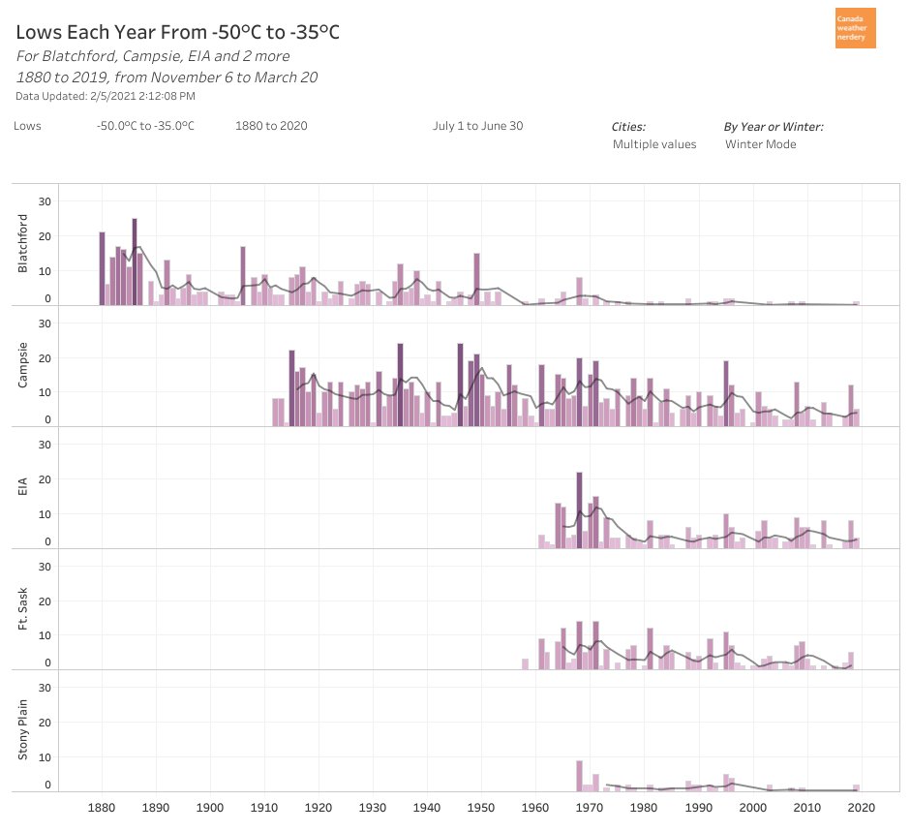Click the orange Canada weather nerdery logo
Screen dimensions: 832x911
pos(855,28)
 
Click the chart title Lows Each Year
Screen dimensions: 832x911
pos(177,33)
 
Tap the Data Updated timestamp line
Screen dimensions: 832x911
pos(106,96)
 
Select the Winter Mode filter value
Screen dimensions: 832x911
pos(761,144)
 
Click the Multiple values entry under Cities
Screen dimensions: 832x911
pos(654,144)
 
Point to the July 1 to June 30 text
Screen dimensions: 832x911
pos(478,126)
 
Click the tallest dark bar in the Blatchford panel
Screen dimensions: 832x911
pos(135,262)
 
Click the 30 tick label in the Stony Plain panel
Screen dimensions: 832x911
pos(44,687)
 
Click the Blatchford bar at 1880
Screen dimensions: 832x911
pos(102,268)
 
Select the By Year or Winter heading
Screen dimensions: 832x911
pos(774,127)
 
